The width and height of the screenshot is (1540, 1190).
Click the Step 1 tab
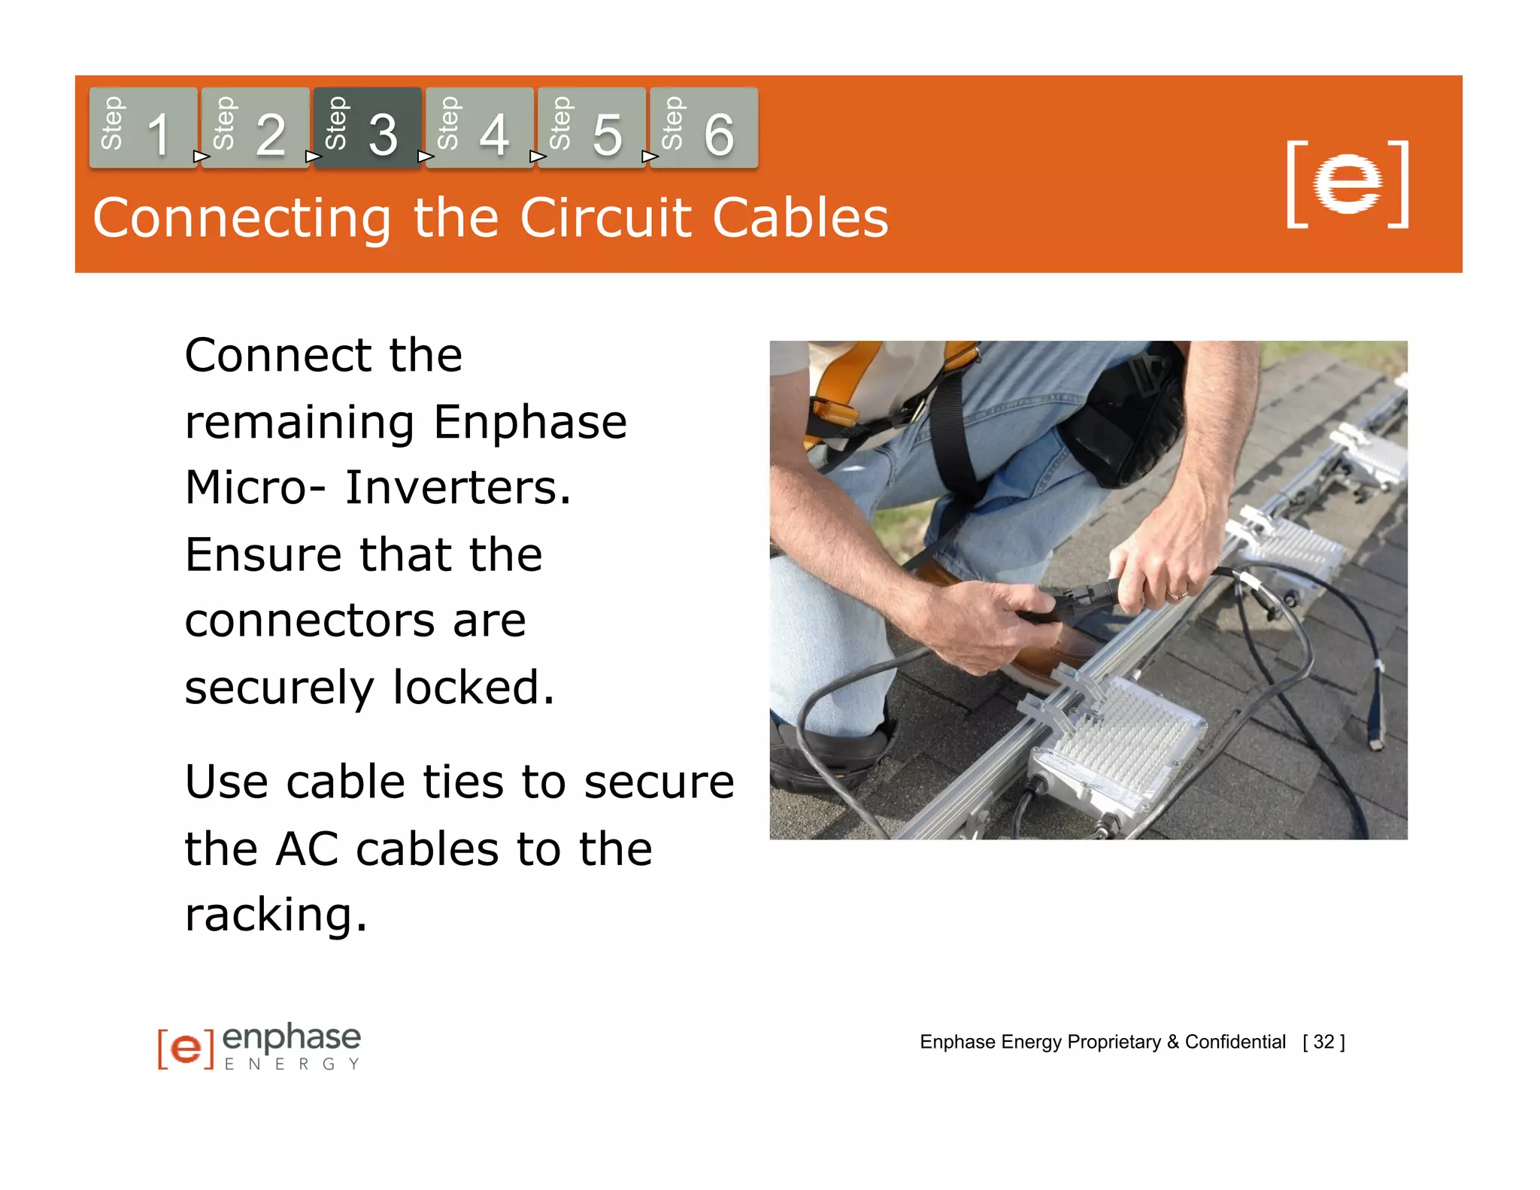tap(143, 128)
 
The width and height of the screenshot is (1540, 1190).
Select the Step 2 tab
tap(255, 128)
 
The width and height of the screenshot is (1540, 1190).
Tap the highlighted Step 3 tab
tap(367, 128)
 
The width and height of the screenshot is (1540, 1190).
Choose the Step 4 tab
tap(479, 128)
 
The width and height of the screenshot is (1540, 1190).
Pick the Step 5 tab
tap(591, 128)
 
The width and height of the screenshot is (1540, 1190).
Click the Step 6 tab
tap(703, 128)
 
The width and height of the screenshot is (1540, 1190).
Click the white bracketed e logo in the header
tap(1347, 184)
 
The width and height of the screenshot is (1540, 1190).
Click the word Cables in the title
tap(800, 218)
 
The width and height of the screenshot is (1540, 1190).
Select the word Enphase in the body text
tap(529, 422)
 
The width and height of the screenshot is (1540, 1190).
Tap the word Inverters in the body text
tap(457, 488)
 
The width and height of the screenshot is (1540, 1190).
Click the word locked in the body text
tap(474, 688)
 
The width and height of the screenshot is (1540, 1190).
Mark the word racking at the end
tap(275, 915)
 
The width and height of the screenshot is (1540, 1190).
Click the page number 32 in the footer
tap(1323, 1042)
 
